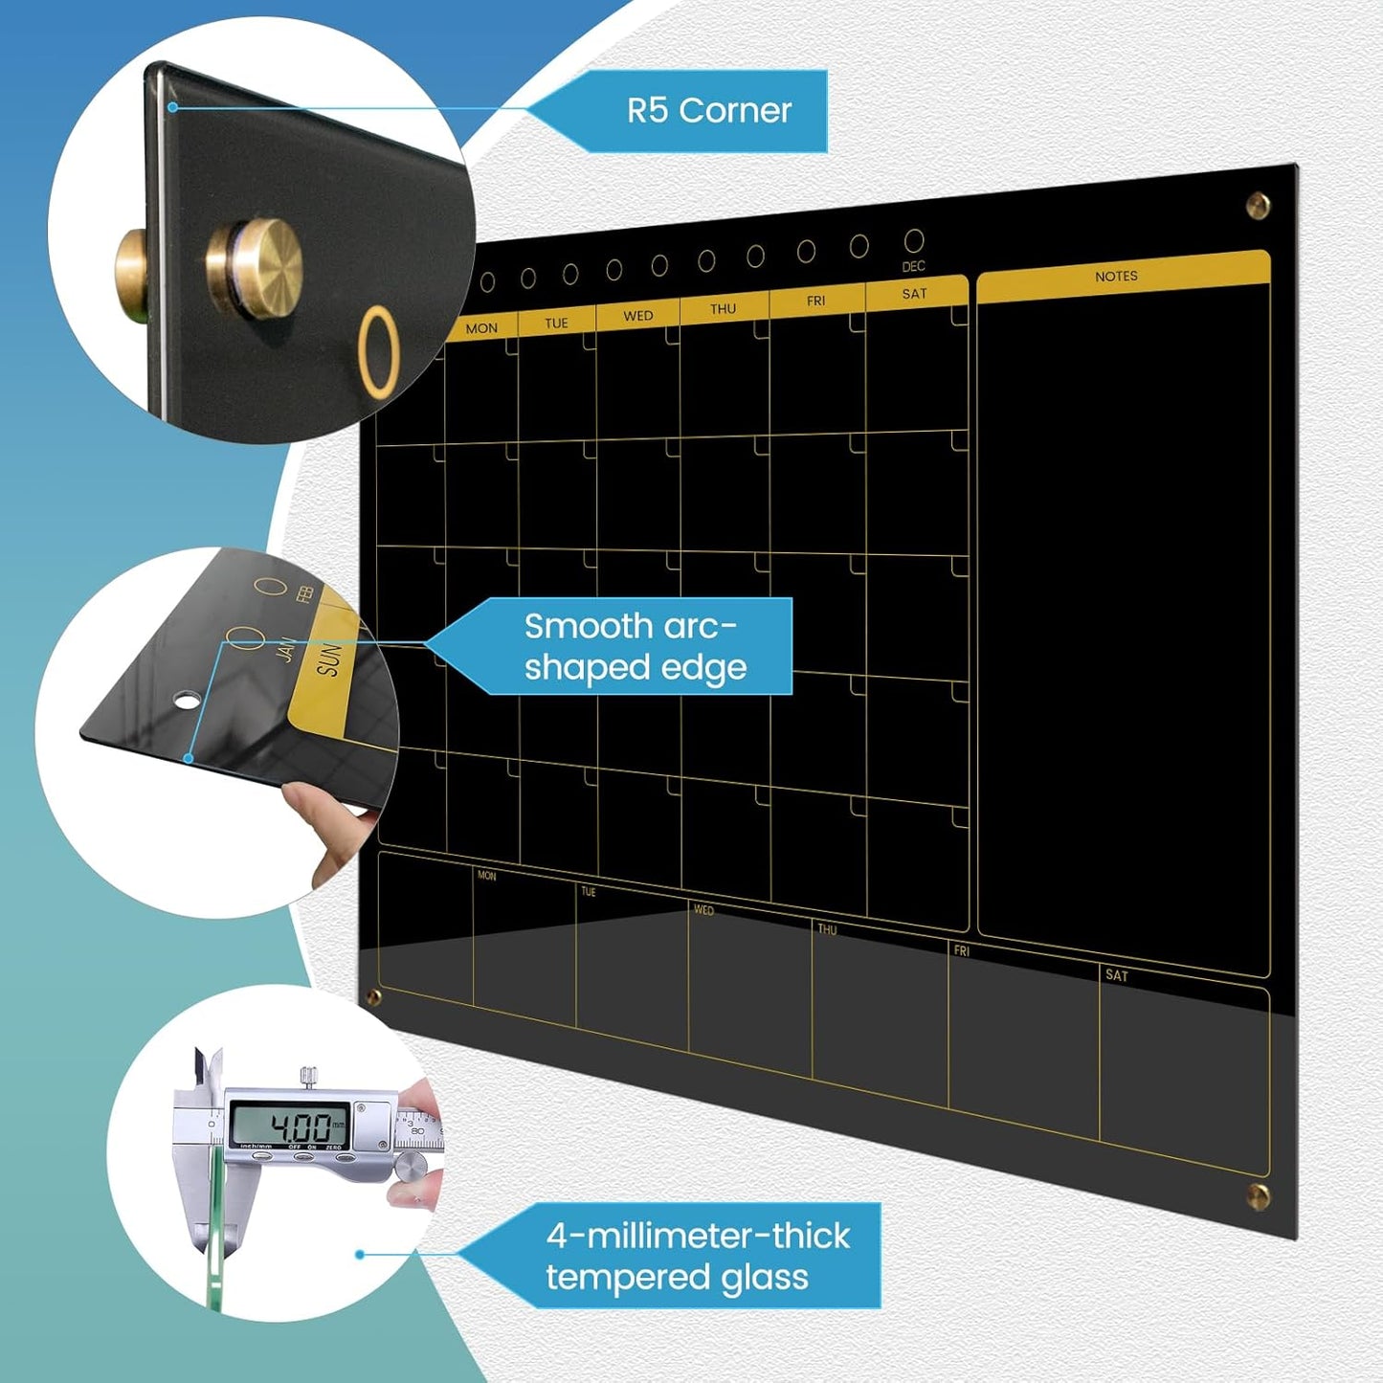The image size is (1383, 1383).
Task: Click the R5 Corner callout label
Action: click(x=708, y=111)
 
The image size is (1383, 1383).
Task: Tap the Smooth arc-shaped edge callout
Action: click(x=635, y=647)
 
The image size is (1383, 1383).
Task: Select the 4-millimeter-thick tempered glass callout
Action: click(x=697, y=1256)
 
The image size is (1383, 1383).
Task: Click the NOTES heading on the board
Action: click(x=1116, y=277)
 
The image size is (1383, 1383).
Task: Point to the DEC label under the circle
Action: click(x=913, y=267)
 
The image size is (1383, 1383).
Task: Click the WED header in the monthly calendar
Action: click(x=638, y=316)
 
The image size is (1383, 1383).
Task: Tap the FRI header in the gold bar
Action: click(x=815, y=301)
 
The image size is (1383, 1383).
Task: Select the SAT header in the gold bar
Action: click(x=914, y=294)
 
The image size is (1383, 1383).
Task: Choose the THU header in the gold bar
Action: click(x=723, y=309)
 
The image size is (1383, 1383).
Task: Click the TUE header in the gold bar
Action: click(x=556, y=323)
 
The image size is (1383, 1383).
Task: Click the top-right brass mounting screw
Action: click(x=1258, y=205)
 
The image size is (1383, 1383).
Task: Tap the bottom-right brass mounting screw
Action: click(x=1260, y=1195)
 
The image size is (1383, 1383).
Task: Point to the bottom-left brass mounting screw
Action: click(x=374, y=998)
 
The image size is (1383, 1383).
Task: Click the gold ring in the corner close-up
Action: click(x=379, y=350)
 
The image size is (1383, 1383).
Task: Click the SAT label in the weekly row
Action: click(x=1116, y=976)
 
